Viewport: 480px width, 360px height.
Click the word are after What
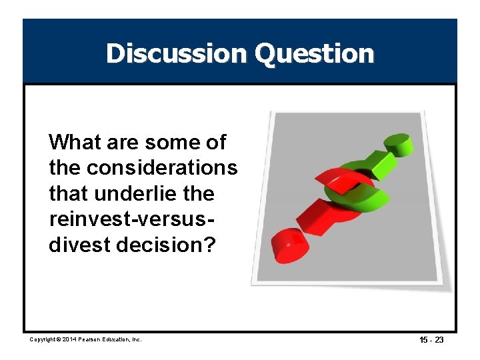pos(124,142)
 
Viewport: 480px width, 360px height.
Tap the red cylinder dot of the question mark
pos(289,245)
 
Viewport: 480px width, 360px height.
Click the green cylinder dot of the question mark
pos(397,144)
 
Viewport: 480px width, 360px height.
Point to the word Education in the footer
pos(119,340)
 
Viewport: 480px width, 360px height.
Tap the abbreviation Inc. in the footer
pos(137,340)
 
